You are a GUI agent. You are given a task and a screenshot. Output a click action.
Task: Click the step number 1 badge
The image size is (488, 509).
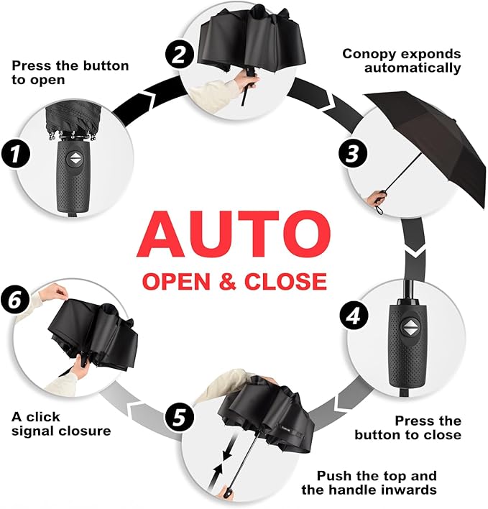16,153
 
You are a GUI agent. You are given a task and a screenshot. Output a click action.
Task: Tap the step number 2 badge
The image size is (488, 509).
180,54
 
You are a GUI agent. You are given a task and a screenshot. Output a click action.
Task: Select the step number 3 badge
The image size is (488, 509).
353,153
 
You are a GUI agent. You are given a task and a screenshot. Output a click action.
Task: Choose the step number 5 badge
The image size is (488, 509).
180,418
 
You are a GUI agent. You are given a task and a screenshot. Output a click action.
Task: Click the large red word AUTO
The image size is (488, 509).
234,234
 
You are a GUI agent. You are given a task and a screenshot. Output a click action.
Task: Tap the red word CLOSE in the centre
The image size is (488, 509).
285,281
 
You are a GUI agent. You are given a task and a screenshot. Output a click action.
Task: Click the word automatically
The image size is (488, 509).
413,68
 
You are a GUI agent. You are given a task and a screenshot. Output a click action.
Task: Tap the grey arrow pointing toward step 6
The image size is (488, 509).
140,411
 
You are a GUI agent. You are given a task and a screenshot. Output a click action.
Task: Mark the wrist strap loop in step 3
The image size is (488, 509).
379,209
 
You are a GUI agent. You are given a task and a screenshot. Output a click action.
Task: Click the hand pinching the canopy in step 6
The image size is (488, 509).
53,291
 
